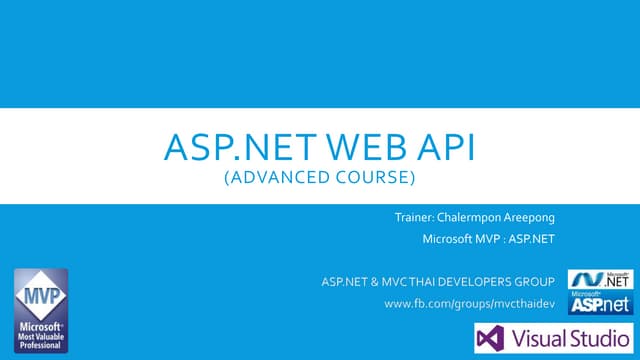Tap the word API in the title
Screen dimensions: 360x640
[x=438, y=153]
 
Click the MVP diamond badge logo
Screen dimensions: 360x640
[x=41, y=294]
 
